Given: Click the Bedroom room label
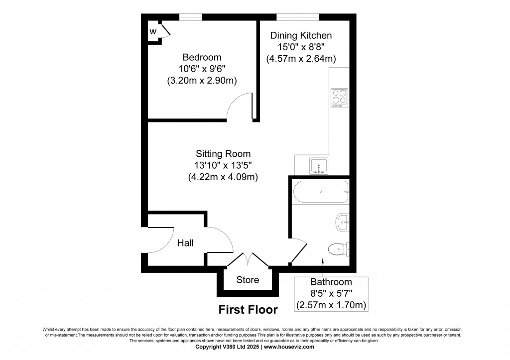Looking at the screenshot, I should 202,57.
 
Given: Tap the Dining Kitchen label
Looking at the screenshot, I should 301,35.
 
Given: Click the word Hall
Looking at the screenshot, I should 186,243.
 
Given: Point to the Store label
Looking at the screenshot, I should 248,280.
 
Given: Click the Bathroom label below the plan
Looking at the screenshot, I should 331,282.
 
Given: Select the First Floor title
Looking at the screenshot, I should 248,309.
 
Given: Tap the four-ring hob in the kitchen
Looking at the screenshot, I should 339,98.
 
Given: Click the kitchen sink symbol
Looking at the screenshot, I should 317,166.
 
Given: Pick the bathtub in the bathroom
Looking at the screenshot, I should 320,192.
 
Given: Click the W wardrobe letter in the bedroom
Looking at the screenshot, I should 153,32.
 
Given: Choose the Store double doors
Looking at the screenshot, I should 248,259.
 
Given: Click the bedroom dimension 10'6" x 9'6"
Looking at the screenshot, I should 202,69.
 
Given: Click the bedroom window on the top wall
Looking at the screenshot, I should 191,17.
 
